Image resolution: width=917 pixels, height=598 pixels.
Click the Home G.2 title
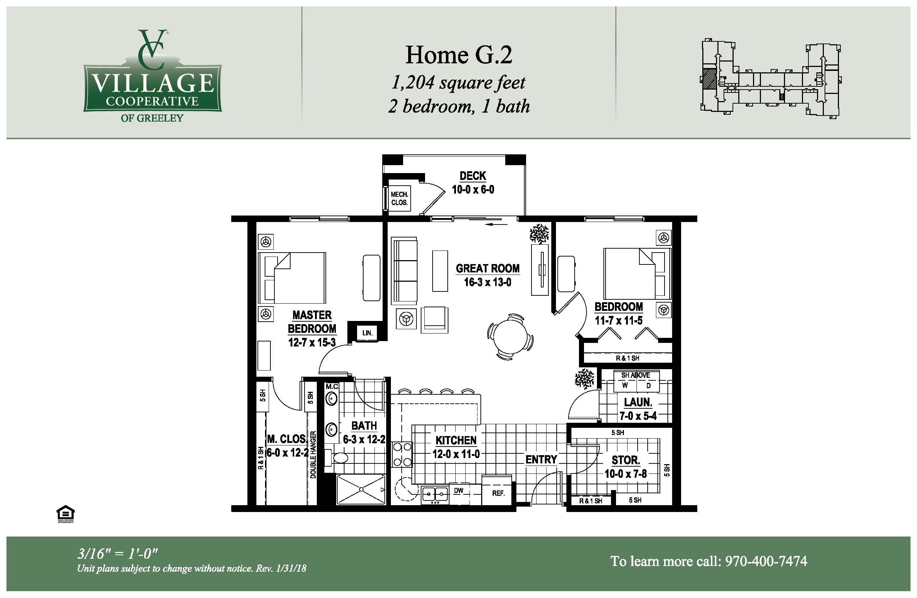[x=458, y=55]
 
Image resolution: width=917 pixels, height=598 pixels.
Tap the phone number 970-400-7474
[x=766, y=561]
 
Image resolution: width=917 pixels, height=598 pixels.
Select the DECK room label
[x=473, y=176]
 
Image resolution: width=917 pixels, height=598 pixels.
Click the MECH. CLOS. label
[x=399, y=199]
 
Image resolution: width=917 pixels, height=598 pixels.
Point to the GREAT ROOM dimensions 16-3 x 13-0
[x=487, y=282]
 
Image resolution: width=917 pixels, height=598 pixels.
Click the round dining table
[x=511, y=336]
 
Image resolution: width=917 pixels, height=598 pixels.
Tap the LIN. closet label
[x=367, y=333]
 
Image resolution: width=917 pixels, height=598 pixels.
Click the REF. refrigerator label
[x=498, y=493]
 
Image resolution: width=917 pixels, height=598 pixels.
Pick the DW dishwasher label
[x=458, y=491]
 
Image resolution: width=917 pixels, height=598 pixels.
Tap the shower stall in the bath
[x=361, y=489]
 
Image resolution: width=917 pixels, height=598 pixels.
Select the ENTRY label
[x=541, y=459]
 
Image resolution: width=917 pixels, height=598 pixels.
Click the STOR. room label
[x=626, y=460]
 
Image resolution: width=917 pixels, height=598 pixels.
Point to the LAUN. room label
[x=638, y=402]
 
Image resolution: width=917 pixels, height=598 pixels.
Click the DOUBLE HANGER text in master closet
[x=313, y=454]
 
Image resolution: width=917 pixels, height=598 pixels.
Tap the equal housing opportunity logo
[x=65, y=513]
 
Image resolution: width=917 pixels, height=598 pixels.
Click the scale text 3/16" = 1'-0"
[x=118, y=554]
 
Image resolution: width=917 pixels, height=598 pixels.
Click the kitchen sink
[x=435, y=494]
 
